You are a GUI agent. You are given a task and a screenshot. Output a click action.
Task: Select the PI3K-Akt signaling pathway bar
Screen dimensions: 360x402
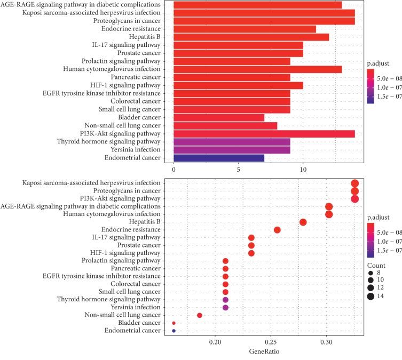click(264, 133)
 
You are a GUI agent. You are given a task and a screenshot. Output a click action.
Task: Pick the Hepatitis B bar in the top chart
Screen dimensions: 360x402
click(251, 37)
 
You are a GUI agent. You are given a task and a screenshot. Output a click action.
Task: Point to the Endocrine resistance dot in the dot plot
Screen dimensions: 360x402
click(277, 230)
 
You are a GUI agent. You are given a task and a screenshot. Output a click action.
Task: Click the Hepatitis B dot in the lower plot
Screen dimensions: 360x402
click(303, 222)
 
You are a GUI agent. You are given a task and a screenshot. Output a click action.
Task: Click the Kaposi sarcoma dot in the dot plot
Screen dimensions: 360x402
click(355, 183)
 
